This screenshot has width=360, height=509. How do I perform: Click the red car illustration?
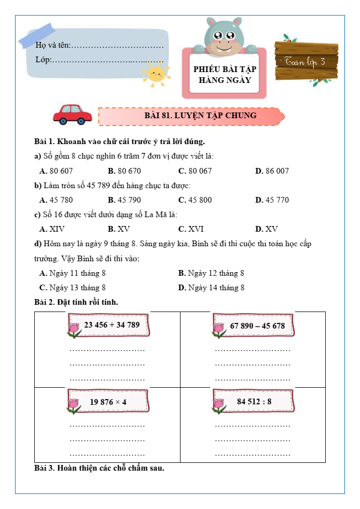(x=73, y=115)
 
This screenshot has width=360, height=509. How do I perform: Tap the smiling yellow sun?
(x=156, y=74)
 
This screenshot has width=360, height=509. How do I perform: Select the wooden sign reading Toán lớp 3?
(x=306, y=61)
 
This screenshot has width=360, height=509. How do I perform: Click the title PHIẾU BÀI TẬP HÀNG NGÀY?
(x=225, y=75)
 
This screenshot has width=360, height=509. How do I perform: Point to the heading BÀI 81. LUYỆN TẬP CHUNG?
(x=200, y=116)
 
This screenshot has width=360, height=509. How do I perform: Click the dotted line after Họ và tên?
(x=118, y=46)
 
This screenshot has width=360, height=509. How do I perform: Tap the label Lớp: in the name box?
(x=43, y=60)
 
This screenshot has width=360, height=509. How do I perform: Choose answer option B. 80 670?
(x=124, y=171)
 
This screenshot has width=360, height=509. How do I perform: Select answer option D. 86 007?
(x=272, y=171)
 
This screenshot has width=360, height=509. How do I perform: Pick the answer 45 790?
(x=124, y=200)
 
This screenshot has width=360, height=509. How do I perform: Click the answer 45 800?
(x=195, y=200)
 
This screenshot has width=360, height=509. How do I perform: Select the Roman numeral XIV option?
(x=52, y=229)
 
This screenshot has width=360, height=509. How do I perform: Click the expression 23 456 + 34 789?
(x=112, y=325)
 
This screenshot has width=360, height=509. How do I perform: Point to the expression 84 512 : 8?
(x=254, y=402)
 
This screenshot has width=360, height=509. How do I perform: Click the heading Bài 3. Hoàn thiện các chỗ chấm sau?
(x=99, y=469)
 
